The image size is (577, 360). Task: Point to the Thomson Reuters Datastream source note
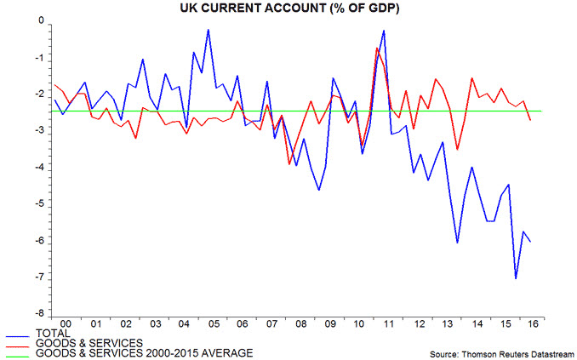(x=501, y=351)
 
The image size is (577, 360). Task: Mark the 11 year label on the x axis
(x=388, y=324)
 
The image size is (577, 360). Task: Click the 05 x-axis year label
(x=214, y=324)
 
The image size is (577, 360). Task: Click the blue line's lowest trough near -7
(x=516, y=278)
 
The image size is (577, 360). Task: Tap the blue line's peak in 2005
(x=209, y=30)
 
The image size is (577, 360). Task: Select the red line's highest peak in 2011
(x=377, y=48)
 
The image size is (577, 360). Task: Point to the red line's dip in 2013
(x=457, y=150)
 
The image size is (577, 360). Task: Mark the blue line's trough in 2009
(x=318, y=190)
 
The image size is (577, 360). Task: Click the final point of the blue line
(x=531, y=242)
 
